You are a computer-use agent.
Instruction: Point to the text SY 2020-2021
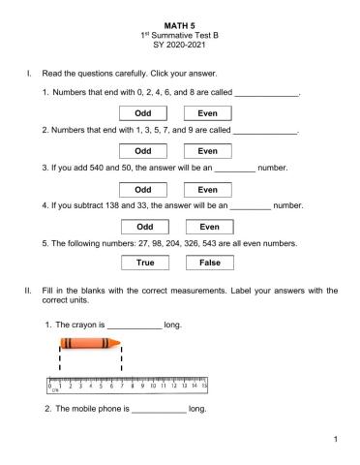(180, 44)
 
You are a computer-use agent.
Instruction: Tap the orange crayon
(90, 344)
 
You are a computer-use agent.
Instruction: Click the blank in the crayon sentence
(135, 325)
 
